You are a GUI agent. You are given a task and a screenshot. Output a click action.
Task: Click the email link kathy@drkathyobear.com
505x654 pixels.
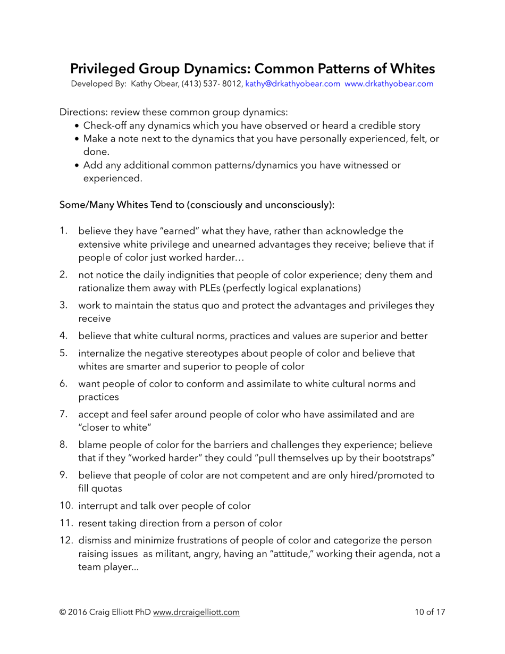pyautogui.click(x=292, y=84)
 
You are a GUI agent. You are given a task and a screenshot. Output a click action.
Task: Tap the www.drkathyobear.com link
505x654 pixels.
pyautogui.click(x=389, y=84)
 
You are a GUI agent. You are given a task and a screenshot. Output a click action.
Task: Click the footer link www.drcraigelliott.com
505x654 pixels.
pyautogui.click(x=196, y=612)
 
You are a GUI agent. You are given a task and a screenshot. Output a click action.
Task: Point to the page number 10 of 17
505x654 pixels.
pyautogui.click(x=430, y=612)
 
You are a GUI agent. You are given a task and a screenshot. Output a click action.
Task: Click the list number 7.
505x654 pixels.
pyautogui.click(x=63, y=414)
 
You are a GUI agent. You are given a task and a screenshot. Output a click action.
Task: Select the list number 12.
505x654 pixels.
pyautogui.click(x=65, y=541)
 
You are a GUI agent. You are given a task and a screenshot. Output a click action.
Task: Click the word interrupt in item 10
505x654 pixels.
pyautogui.click(x=97, y=506)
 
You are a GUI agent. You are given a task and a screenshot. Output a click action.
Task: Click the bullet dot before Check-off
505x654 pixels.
pyautogui.click(x=78, y=126)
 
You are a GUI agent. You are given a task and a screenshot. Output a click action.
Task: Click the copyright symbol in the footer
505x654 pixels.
pyautogui.click(x=63, y=612)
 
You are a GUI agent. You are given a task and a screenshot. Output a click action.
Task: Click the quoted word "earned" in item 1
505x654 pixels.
pyautogui.click(x=164, y=231)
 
